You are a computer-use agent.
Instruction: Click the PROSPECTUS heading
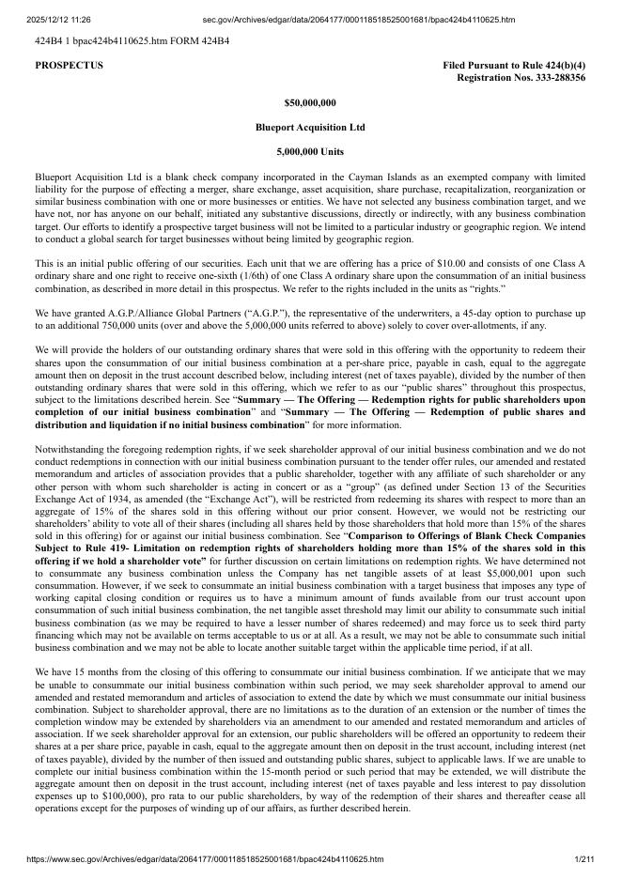point(69,66)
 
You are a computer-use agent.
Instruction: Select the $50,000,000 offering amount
point(310,102)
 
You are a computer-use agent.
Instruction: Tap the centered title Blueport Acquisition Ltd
point(310,127)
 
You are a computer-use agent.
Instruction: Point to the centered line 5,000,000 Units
point(310,151)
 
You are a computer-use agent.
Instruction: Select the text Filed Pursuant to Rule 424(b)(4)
point(514,66)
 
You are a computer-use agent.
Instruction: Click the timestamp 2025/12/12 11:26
point(52,19)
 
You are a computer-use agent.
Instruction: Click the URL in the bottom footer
point(193,859)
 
